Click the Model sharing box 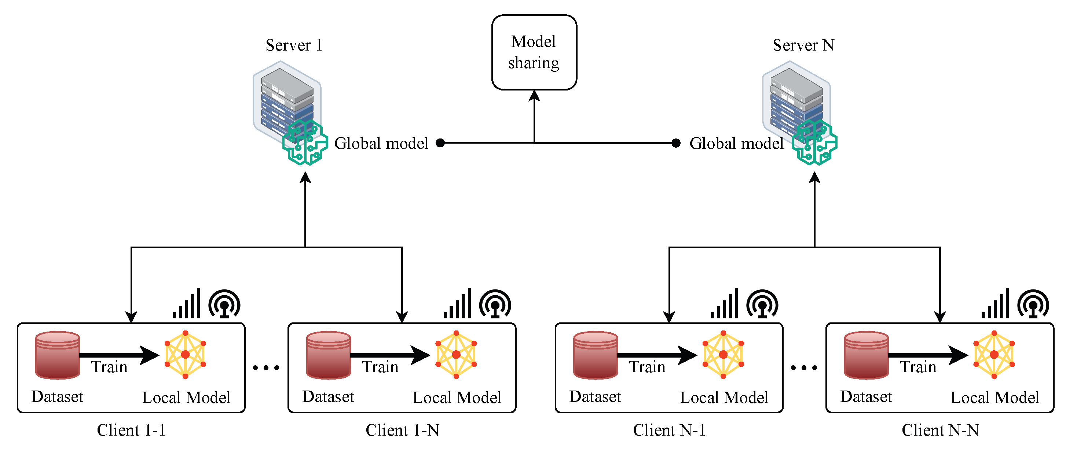pyautogui.click(x=534, y=52)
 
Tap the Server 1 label pyautogui.click(x=294, y=45)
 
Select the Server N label pyautogui.click(x=803, y=45)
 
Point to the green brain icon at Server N pyautogui.click(x=814, y=143)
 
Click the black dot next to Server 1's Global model pyautogui.click(x=440, y=143)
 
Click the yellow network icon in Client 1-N pyautogui.click(x=456, y=354)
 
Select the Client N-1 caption pyautogui.click(x=669, y=430)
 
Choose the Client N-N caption pyautogui.click(x=940, y=430)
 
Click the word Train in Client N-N pyautogui.click(x=918, y=367)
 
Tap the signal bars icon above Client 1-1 pyautogui.click(x=187, y=305)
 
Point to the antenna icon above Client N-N pyautogui.click(x=1033, y=304)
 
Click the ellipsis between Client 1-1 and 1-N pyautogui.click(x=266, y=367)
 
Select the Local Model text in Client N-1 pyautogui.click(x=724, y=398)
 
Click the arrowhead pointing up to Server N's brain pyautogui.click(x=814, y=178)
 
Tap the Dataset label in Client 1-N pyautogui.click(x=328, y=397)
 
